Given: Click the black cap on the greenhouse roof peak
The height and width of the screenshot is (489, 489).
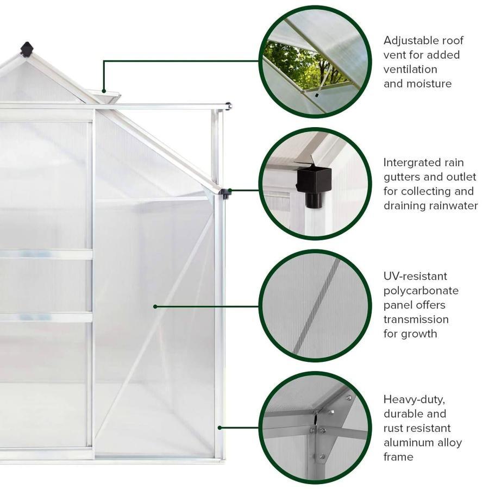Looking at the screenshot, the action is click(27, 49).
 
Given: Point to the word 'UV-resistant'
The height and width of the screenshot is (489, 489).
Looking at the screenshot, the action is click(415, 276).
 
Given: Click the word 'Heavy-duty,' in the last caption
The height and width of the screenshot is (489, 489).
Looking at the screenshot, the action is click(414, 399).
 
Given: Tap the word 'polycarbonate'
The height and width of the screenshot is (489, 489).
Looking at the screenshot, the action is click(421, 291).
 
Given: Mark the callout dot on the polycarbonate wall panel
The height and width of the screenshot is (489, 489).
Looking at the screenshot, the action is click(155, 306).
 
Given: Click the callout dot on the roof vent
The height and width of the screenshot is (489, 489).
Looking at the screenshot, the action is click(104, 91).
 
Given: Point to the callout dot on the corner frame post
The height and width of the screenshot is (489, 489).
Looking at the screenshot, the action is click(220, 428).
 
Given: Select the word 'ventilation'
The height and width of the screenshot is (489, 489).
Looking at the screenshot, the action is click(410, 69).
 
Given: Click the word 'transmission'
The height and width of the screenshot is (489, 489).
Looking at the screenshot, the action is click(416, 319).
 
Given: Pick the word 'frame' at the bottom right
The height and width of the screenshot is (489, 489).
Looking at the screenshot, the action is click(398, 456).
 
